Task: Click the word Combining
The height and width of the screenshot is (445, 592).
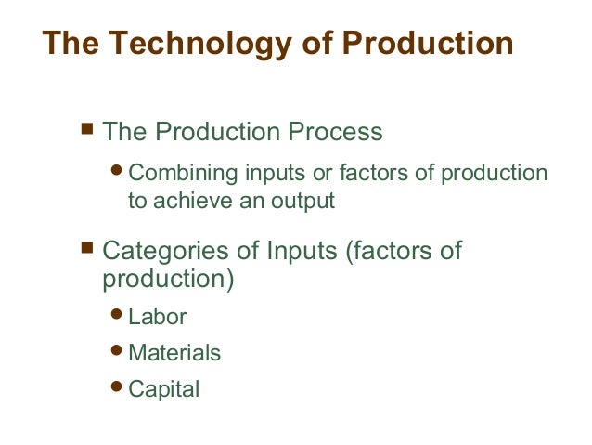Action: click(x=183, y=174)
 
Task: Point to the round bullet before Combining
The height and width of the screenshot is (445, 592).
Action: click(x=118, y=173)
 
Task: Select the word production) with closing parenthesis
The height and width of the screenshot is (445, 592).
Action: click(x=168, y=279)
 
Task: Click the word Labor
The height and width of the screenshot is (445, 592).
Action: click(x=157, y=317)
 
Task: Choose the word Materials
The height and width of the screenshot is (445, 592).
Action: click(x=174, y=353)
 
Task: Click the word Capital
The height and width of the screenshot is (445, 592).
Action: click(x=163, y=389)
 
